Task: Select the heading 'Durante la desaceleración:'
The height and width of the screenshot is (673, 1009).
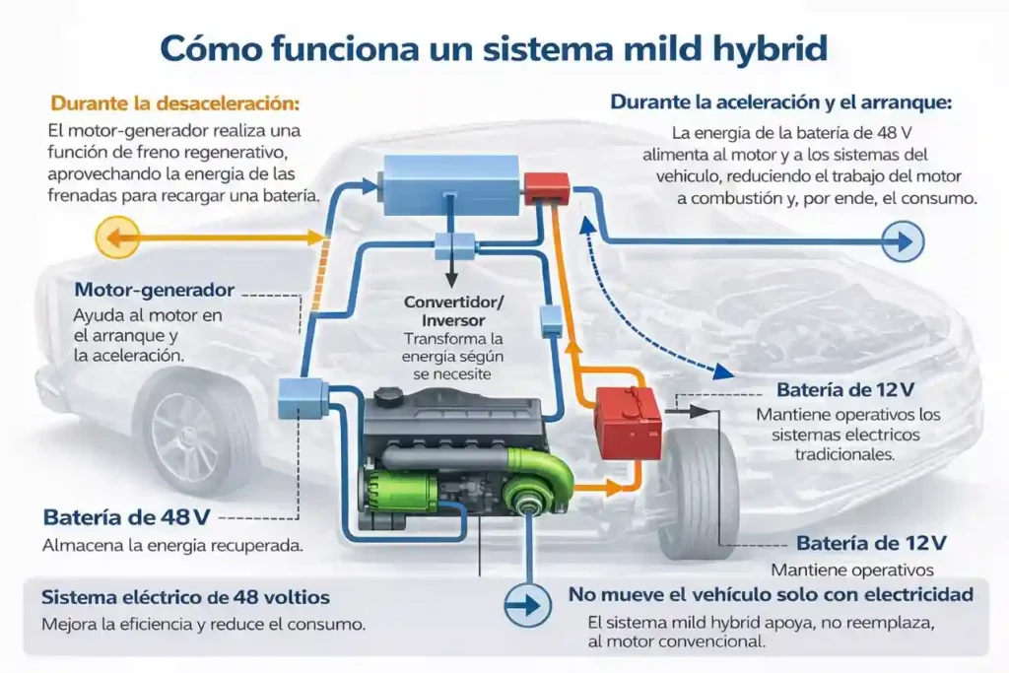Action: (174, 102)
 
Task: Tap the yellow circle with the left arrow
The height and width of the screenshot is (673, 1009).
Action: (116, 237)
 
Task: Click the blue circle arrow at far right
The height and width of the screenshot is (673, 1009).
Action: (902, 239)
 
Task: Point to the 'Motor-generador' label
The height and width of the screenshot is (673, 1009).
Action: (155, 291)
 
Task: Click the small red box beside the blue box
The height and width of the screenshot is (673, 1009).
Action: (546, 187)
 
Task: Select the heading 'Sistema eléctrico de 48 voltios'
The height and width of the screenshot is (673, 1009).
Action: (185, 597)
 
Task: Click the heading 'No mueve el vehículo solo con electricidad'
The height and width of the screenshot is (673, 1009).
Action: (771, 594)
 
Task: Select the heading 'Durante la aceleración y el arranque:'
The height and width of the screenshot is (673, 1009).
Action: (782, 101)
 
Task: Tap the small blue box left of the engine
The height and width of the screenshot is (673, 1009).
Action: (296, 395)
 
